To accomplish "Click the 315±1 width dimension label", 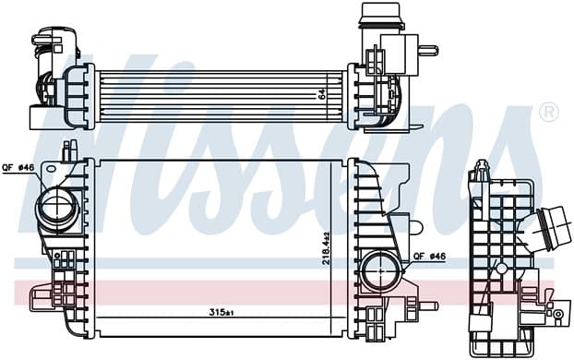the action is pos(221,312).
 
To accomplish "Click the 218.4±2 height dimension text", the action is pos(327,248).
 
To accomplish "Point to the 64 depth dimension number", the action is pos(322,94).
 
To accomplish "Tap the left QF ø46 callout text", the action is pos(18,168).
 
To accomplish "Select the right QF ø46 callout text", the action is pos(430,257).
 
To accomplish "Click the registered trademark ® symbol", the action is pos(549,112).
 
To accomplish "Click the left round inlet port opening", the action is pos(57,207).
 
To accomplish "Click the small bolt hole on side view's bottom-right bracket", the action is pos(558,314).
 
